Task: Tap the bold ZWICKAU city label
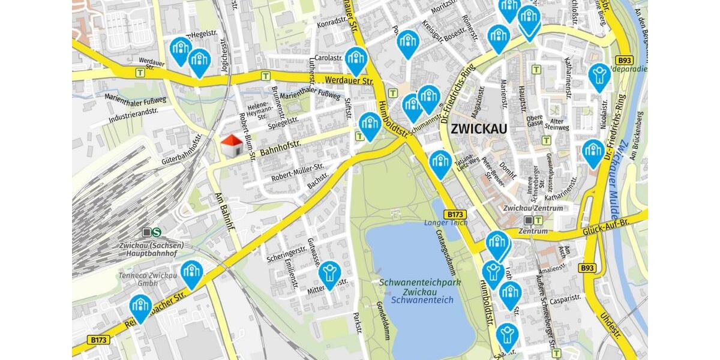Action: pyautogui.click(x=479, y=128)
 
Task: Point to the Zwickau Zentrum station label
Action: pyautogui.click(x=533, y=208)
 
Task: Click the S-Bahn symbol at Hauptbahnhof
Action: pyautogui.click(x=157, y=232)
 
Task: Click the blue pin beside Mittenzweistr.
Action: pyautogui.click(x=329, y=274)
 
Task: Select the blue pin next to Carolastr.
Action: pyautogui.click(x=356, y=59)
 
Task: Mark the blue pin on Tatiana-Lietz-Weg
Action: pyautogui.click(x=440, y=163)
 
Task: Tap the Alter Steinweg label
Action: pyautogui.click(x=556, y=123)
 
